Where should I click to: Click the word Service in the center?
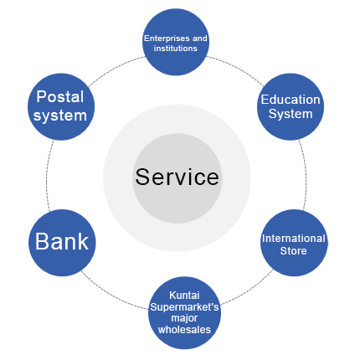tap(177, 177)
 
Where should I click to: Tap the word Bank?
tap(62, 241)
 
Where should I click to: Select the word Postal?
tap(60, 96)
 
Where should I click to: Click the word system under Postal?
tap(60, 116)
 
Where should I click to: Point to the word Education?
tap(291, 100)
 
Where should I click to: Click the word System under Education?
tap(291, 114)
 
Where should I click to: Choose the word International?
tap(294, 239)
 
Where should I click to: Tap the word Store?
tap(293, 250)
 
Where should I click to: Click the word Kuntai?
tap(184, 296)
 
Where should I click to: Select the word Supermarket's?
tap(184, 307)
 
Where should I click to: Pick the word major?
tap(184, 318)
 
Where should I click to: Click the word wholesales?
tap(184, 330)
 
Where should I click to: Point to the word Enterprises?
tap(167, 39)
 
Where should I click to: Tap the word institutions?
tap(176, 49)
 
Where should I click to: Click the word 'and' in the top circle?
tap(199, 38)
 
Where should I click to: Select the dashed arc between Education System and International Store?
tap(306, 174)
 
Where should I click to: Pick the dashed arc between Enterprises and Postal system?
tap(115, 69)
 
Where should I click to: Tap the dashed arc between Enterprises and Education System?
tap(237, 68)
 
